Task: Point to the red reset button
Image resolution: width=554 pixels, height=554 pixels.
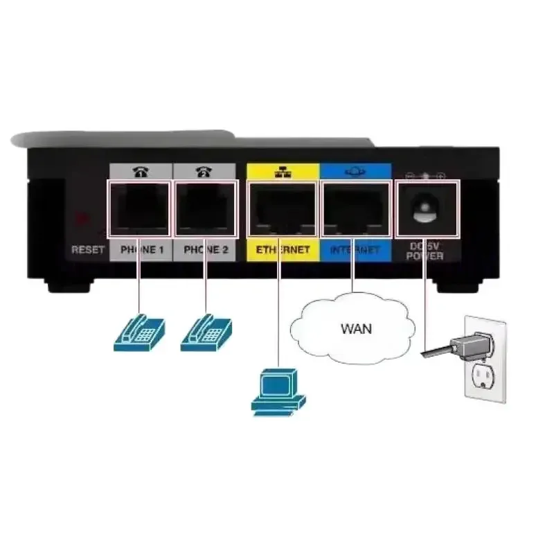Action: click(x=83, y=219)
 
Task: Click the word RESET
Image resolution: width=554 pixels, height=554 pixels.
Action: click(x=87, y=249)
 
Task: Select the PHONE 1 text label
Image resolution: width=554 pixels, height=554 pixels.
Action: click(x=141, y=249)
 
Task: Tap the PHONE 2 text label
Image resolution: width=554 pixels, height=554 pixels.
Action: click(x=206, y=249)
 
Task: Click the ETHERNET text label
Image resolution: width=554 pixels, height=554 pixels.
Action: click(x=283, y=249)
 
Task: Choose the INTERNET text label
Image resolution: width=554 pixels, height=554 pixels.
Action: click(x=355, y=249)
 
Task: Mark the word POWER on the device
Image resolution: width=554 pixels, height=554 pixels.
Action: click(x=426, y=257)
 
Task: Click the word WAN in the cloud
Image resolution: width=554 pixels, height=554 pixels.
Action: click(x=357, y=328)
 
